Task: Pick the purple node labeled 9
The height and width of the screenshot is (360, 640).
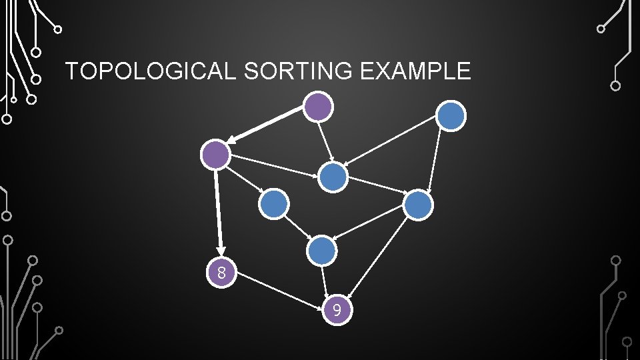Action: (337, 310)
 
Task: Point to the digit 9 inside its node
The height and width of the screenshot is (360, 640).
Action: (337, 310)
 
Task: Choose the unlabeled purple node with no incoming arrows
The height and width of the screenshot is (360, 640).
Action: (318, 105)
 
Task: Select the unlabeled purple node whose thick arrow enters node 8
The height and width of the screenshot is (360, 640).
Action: (216, 155)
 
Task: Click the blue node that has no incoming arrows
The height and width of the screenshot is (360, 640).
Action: (451, 116)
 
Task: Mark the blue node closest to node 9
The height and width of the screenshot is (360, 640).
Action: (323, 250)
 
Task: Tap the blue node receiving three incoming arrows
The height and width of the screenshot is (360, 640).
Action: (333, 177)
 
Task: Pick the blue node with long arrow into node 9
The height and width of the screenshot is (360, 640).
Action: (419, 205)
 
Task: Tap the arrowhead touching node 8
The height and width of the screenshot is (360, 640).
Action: (221, 251)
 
